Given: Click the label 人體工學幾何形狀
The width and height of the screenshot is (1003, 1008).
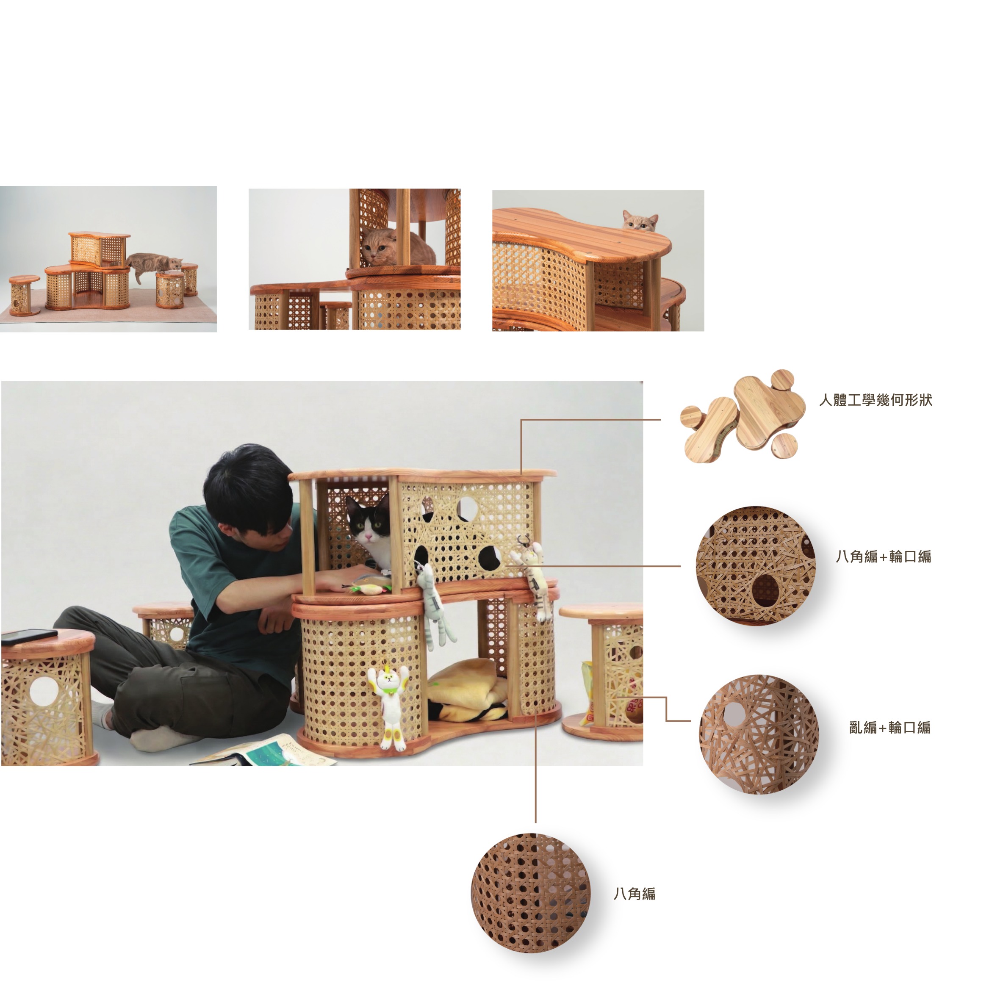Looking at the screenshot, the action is coord(875,400).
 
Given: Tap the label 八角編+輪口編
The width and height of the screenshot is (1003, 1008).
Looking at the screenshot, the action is coord(883,556).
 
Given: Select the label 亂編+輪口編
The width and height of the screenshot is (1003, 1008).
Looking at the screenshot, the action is coord(890,727).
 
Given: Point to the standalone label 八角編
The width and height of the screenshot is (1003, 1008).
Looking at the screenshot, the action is coord(634,894).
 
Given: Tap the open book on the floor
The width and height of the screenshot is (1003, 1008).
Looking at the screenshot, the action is coord(264,751).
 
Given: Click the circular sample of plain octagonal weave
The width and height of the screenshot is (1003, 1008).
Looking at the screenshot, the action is coord(530,893).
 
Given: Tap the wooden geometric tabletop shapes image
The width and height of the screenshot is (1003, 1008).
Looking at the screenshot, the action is coord(743,415).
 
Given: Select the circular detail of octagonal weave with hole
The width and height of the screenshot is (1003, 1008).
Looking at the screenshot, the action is coord(755,565).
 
